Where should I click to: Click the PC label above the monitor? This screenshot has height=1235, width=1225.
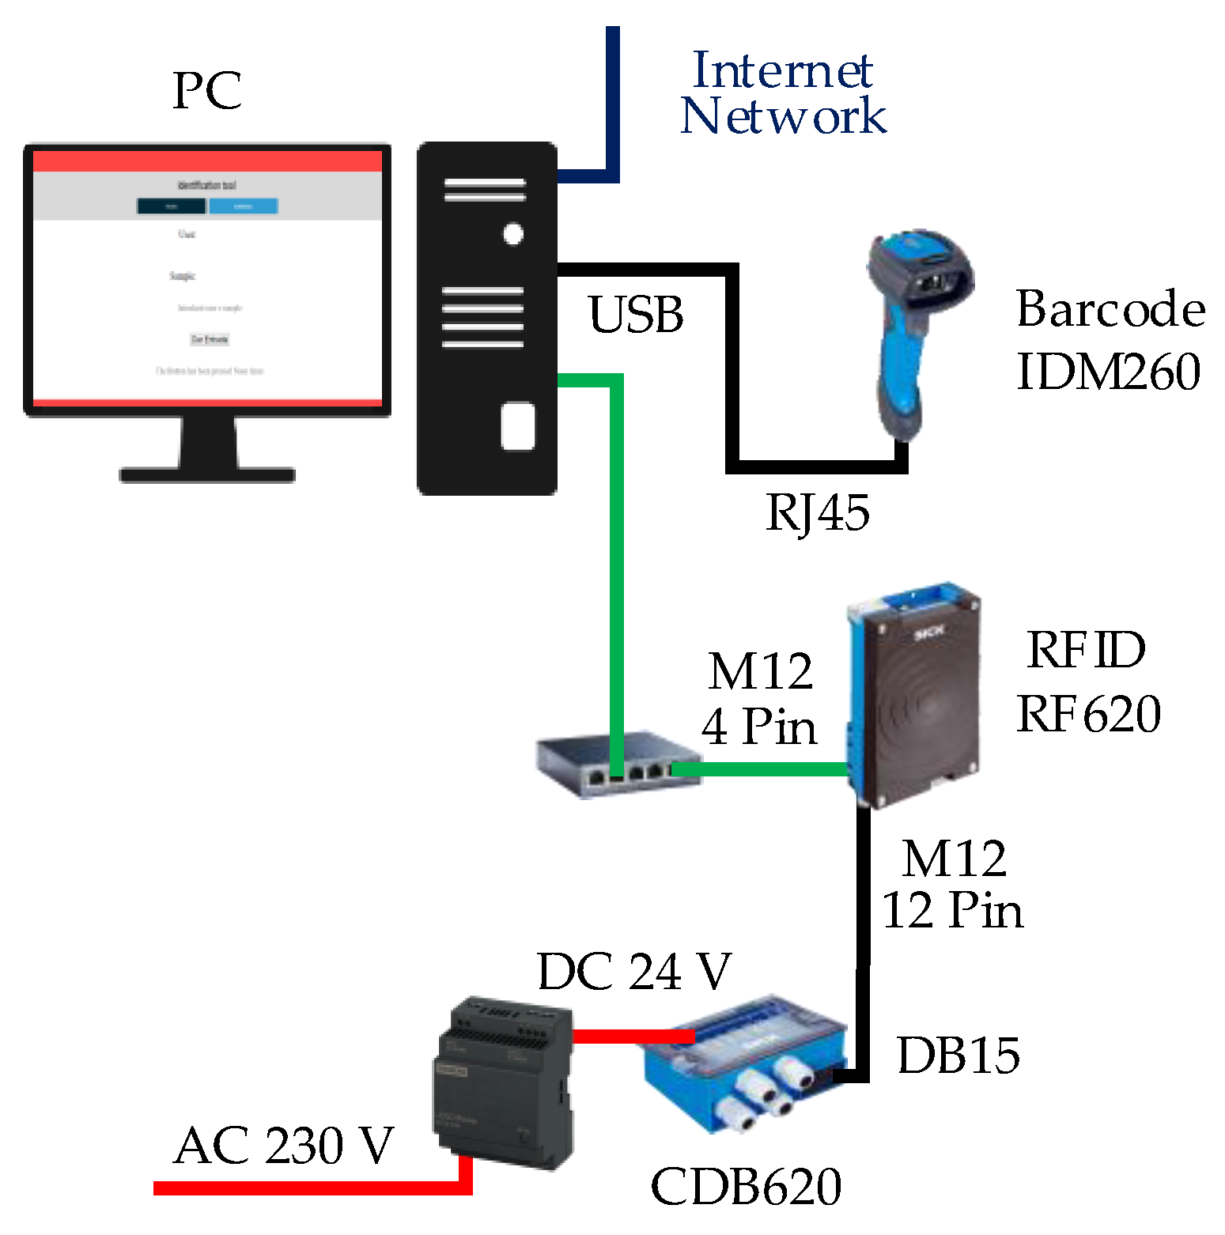click(x=207, y=91)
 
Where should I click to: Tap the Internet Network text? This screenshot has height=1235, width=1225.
click(x=782, y=93)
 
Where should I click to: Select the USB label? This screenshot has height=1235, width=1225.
click(x=636, y=315)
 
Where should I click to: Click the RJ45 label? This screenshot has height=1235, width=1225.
click(x=818, y=512)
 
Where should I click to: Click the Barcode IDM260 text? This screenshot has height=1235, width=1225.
click(x=1110, y=340)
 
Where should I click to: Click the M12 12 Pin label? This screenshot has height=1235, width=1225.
click(x=953, y=885)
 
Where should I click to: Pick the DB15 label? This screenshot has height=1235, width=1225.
click(x=958, y=1055)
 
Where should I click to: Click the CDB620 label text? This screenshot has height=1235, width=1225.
click(x=746, y=1187)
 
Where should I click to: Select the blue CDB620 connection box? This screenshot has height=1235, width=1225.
click(x=743, y=1063)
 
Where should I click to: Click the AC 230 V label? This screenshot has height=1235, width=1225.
click(x=283, y=1146)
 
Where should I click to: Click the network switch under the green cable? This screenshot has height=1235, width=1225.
click(x=617, y=765)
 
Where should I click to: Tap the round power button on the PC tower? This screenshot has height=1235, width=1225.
click(x=513, y=234)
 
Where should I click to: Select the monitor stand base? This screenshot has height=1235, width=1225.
click(x=207, y=474)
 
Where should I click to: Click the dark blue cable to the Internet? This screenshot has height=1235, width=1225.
click(x=612, y=103)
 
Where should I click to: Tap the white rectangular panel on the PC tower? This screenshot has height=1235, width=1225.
click(x=518, y=426)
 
